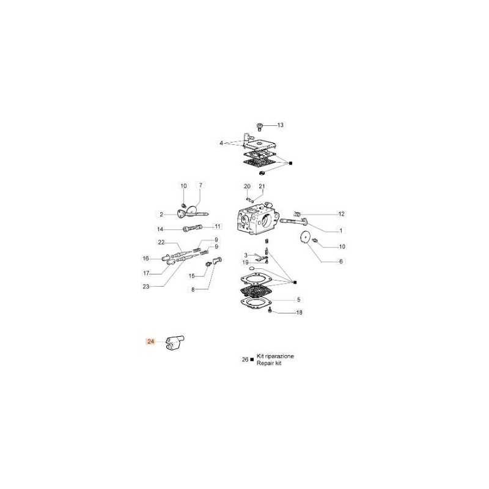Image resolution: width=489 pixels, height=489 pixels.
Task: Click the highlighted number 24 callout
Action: pyautogui.click(x=150, y=342)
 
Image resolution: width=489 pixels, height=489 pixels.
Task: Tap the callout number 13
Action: pyautogui.click(x=281, y=125)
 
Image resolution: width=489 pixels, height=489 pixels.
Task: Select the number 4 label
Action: pyautogui.click(x=221, y=143)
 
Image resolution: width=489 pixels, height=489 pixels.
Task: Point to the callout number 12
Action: pyautogui.click(x=342, y=214)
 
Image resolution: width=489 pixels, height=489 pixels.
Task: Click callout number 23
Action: pyautogui.click(x=146, y=286)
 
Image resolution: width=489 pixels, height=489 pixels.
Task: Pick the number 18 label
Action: pyautogui.click(x=299, y=312)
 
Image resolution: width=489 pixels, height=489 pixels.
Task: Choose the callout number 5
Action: pyautogui.click(x=299, y=300)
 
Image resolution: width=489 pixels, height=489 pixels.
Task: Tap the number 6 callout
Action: pyautogui.click(x=341, y=262)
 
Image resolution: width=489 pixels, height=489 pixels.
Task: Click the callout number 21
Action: pyautogui.click(x=262, y=186)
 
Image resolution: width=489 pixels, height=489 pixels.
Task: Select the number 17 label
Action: pyautogui.click(x=146, y=273)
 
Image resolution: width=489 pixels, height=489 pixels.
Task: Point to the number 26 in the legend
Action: pyautogui.click(x=245, y=359)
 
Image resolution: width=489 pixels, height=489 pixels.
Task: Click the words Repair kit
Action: pyautogui.click(x=269, y=363)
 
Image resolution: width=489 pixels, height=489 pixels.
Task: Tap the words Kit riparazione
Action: pyautogui.click(x=275, y=356)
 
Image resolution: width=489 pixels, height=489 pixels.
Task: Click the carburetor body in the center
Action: pyautogui.click(x=257, y=218)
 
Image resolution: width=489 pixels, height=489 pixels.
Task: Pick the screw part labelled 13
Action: pyautogui.click(x=259, y=127)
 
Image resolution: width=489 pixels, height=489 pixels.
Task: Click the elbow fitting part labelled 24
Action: pyautogui.click(x=175, y=342)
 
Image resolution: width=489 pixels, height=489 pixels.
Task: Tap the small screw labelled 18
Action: pyautogui.click(x=270, y=310)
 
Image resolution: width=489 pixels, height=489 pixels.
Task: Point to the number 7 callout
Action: pyautogui.click(x=200, y=185)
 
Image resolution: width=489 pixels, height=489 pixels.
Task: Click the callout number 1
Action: pyautogui.click(x=341, y=231)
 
